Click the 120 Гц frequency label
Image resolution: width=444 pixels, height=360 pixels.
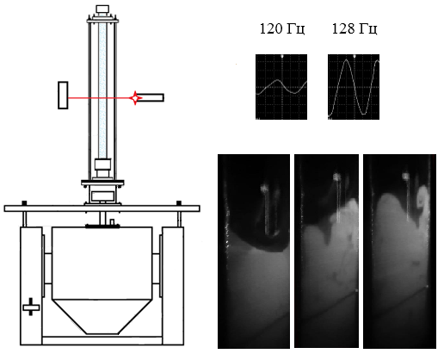(282, 29)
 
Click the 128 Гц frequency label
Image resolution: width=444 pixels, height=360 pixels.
(355, 29)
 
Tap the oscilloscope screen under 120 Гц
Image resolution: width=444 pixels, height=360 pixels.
(281, 87)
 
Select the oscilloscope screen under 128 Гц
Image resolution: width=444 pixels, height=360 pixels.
(354, 87)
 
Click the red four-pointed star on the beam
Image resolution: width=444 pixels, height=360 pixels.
(135, 98)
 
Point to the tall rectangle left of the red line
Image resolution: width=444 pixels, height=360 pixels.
(63, 96)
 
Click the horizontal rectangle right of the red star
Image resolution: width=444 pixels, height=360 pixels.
(152, 97)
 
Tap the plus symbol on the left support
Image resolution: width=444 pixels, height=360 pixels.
(31, 307)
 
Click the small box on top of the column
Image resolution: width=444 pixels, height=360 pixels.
(102, 9)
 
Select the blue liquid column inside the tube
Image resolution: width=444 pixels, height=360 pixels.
(102, 90)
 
